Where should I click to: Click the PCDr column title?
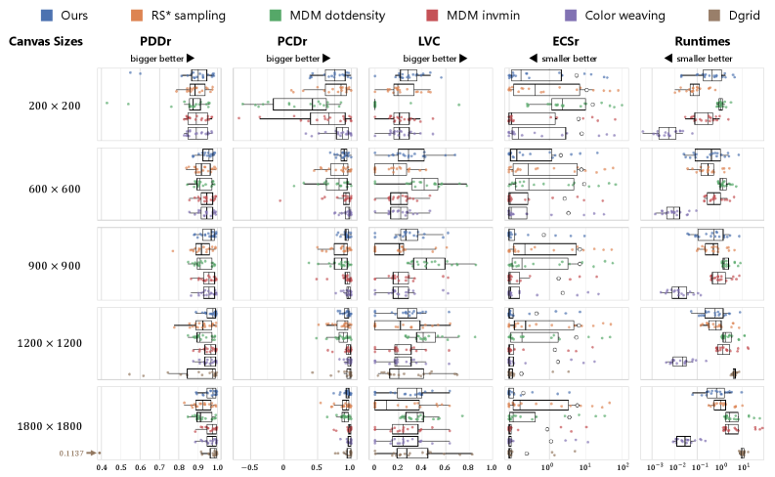click(x=292, y=42)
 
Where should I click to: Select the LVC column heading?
click(x=428, y=42)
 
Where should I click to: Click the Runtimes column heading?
click(x=699, y=42)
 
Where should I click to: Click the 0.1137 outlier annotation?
click(x=70, y=453)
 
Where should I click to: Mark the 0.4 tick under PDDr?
click(x=102, y=468)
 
